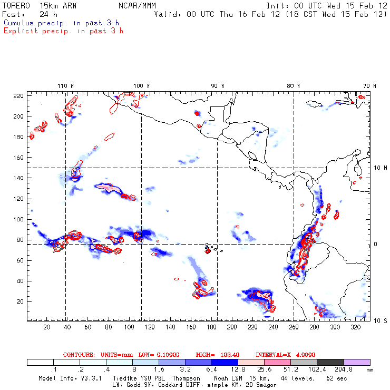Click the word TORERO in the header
click(x=16, y=5)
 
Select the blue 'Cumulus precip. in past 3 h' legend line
click(x=61, y=23)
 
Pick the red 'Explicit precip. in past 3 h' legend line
click(x=63, y=31)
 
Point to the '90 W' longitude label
click(x=218, y=85)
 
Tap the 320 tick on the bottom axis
click(x=356, y=327)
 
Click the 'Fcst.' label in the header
click(x=12, y=14)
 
